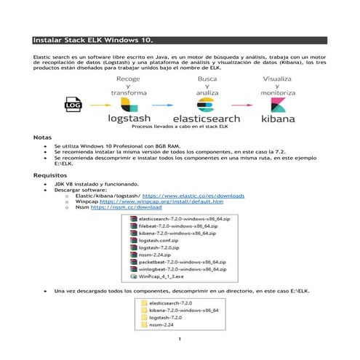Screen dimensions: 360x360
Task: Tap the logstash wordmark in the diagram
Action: (128, 116)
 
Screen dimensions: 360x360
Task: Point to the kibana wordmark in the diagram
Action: (277, 116)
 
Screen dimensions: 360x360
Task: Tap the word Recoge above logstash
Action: (129, 78)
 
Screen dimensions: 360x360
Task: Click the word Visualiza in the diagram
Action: (278, 78)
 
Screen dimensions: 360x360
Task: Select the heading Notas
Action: (43, 137)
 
